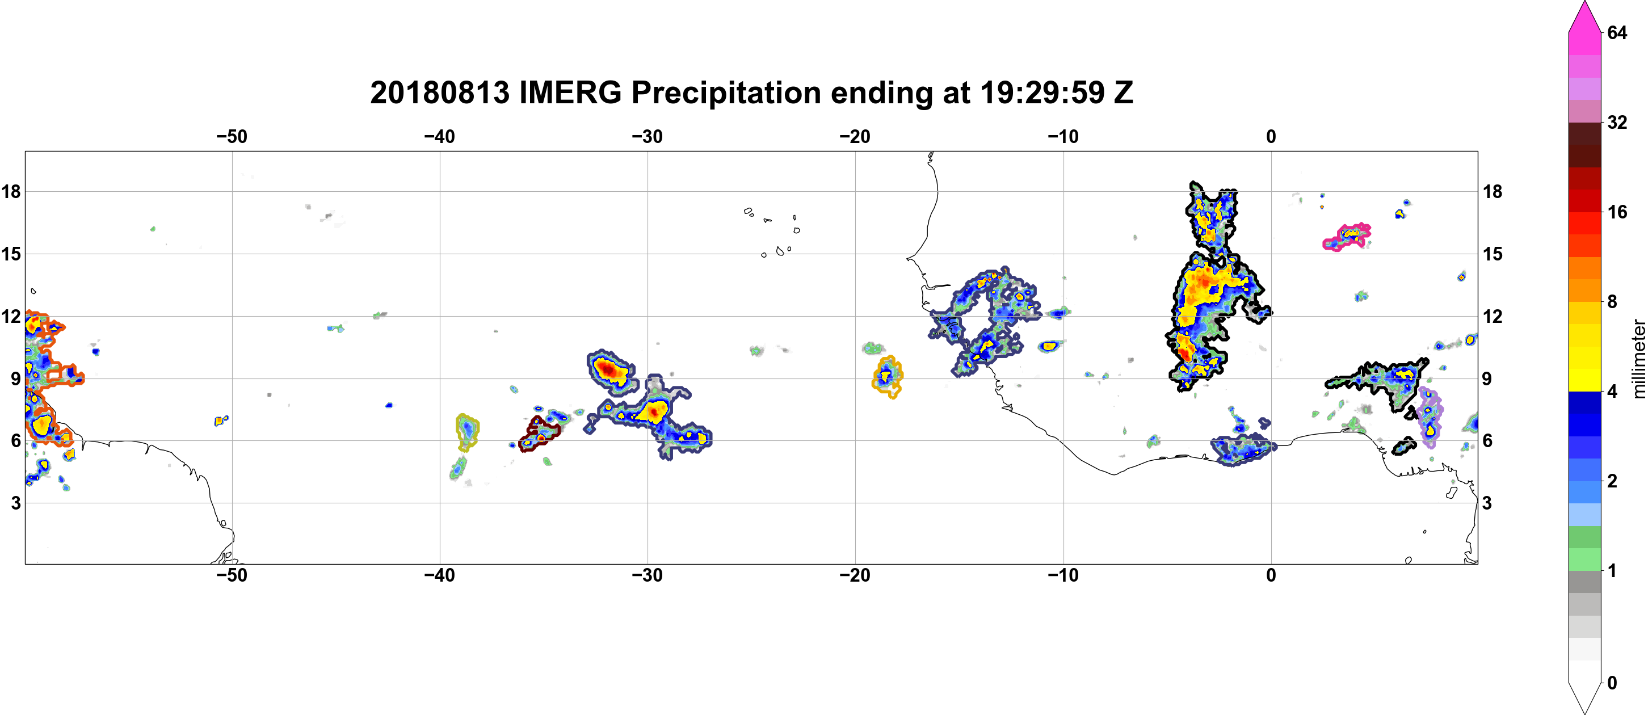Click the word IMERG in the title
[x=570, y=92]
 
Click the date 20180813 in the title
[x=439, y=92]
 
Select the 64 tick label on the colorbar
[x=1617, y=32]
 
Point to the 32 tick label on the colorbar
[x=1617, y=122]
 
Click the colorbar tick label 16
[x=1617, y=212]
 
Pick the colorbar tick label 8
[x=1612, y=301]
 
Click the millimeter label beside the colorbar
[x=1638, y=359]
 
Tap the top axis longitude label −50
[x=232, y=136]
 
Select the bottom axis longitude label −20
[x=855, y=575]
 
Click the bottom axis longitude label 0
[x=1271, y=575]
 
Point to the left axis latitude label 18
[x=11, y=191]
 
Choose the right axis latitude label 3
[x=1487, y=503]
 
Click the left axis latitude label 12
[x=11, y=316]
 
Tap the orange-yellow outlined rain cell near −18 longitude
[x=886, y=377]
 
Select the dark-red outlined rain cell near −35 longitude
[x=539, y=435]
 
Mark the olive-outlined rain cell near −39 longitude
[x=467, y=432]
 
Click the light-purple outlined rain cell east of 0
[x=1429, y=417]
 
